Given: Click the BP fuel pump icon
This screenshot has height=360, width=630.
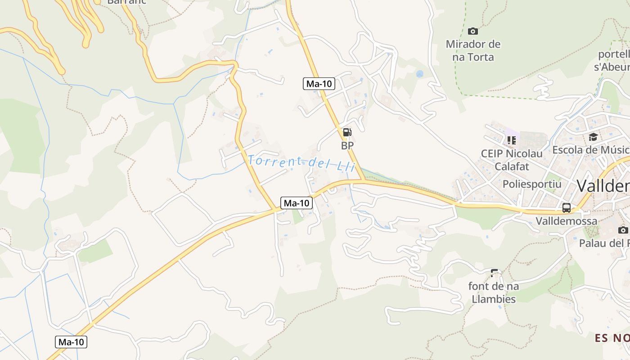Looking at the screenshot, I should pyautogui.click(x=347, y=132).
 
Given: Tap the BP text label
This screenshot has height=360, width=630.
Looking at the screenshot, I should pyautogui.click(x=347, y=145).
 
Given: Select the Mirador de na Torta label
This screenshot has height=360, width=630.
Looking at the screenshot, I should pyautogui.click(x=473, y=50).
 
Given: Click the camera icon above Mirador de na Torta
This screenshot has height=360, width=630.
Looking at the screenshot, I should pyautogui.click(x=472, y=31).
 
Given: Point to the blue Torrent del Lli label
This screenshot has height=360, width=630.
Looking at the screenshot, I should pyautogui.click(x=301, y=162).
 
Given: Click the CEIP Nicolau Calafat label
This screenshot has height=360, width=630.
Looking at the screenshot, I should pyautogui.click(x=512, y=160).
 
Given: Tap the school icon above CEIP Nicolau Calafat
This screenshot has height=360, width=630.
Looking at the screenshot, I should pyautogui.click(x=511, y=140).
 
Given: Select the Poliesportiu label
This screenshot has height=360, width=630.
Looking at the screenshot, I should pyautogui.click(x=532, y=184).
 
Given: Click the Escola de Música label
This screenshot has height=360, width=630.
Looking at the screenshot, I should pyautogui.click(x=590, y=150).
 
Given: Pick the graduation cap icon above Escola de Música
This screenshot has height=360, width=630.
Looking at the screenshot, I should pyautogui.click(x=593, y=137).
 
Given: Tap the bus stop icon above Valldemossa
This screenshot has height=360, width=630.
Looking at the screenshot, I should pyautogui.click(x=567, y=208).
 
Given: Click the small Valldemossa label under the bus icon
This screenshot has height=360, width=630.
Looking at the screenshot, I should pyautogui.click(x=567, y=221).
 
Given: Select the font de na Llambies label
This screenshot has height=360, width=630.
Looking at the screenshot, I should pyautogui.click(x=494, y=292).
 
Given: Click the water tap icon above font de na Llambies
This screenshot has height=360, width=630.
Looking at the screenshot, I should pyautogui.click(x=495, y=273).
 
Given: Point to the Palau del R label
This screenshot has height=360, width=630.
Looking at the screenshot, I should pyautogui.click(x=604, y=243).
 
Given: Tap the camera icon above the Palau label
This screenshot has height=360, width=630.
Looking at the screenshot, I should pyautogui.click(x=623, y=230).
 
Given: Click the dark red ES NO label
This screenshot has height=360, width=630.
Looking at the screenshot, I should pyautogui.click(x=612, y=338).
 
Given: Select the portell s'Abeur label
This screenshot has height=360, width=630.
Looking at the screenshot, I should pyautogui.click(x=613, y=61).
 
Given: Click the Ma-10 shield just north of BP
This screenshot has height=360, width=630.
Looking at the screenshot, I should pyautogui.click(x=319, y=83).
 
